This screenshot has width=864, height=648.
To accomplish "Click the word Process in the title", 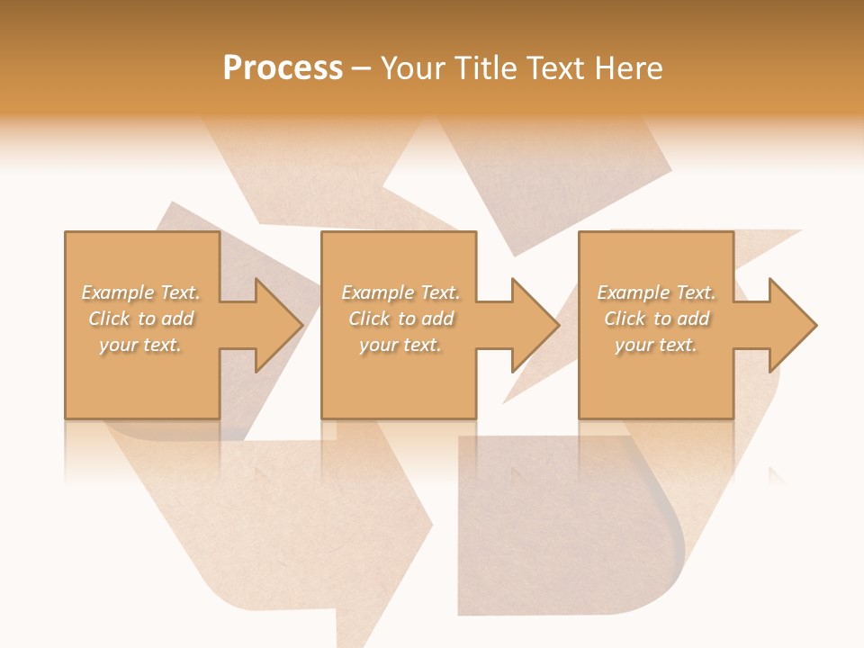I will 283,68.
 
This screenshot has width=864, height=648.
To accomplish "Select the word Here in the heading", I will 630,68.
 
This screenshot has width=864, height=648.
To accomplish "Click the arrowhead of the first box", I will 275,325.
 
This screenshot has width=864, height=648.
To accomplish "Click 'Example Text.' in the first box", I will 141,292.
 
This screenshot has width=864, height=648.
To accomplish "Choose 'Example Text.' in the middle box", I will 400,292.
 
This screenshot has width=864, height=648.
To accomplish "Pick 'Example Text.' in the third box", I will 656,292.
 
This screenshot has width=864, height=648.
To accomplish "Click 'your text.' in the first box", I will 140,345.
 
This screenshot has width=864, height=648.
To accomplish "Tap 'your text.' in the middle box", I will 400,345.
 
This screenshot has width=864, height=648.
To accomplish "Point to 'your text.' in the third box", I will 656,345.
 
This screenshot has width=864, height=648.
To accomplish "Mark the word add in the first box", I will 177,319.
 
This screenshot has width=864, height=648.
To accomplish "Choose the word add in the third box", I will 693,319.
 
